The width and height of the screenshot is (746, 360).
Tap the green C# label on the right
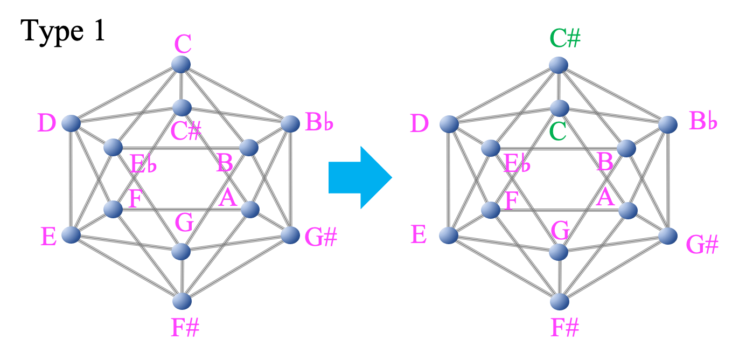(565, 38)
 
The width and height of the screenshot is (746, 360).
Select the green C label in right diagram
(557, 132)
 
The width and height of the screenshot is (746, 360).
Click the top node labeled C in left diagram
(181, 64)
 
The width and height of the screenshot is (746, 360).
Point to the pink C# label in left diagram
(186, 131)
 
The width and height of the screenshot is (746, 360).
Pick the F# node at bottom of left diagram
(182, 301)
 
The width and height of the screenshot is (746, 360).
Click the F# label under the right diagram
(564, 328)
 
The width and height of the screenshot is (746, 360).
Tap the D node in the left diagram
(71, 123)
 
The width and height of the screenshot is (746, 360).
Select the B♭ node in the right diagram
(668, 124)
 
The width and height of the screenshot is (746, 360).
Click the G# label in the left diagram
(320, 238)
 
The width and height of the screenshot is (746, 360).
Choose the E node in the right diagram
(449, 236)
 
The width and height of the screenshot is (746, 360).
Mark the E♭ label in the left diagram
(143, 164)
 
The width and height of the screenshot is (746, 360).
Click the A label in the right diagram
(605, 198)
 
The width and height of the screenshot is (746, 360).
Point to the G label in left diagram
(184, 223)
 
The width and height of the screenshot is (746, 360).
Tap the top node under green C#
(559, 65)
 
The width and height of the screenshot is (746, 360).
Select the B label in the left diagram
(225, 163)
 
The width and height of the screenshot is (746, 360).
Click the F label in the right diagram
(511, 201)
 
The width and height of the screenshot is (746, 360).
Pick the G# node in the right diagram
(668, 236)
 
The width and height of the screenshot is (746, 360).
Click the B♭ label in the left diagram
(319, 122)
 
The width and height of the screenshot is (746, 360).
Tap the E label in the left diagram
(48, 237)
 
